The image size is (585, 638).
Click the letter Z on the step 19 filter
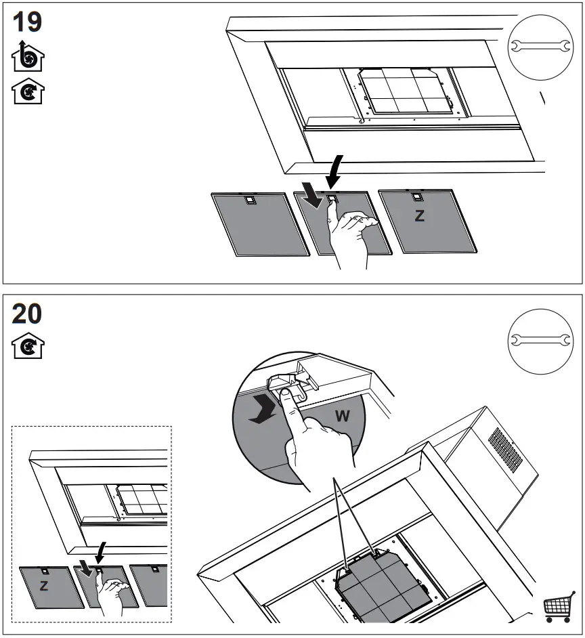[420, 217]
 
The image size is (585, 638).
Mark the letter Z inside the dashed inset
[43, 586]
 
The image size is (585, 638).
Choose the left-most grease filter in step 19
[251, 224]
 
